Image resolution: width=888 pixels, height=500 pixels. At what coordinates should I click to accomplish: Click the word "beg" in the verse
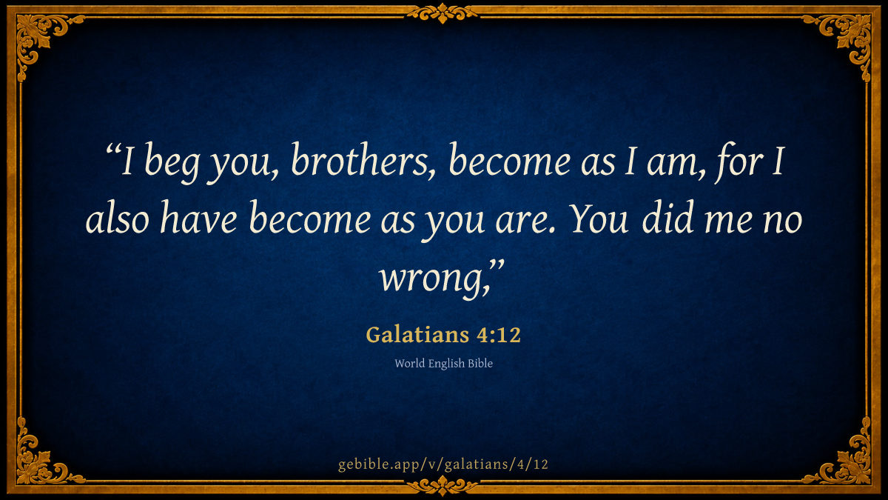(171, 163)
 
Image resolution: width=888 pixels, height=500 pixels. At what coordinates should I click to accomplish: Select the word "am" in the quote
(670, 164)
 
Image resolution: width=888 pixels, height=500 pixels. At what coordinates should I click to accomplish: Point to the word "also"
(118, 219)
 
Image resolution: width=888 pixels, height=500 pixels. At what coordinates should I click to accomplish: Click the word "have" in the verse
(198, 219)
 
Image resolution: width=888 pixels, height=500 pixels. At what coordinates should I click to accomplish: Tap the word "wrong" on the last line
(431, 279)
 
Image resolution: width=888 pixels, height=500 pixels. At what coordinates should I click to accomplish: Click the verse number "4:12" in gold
(498, 335)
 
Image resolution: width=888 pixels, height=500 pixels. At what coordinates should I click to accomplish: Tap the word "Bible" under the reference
(480, 364)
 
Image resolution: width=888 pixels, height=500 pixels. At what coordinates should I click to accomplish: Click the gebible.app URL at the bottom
(443, 464)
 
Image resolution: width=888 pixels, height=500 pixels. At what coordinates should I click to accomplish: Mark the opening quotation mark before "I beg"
(112, 150)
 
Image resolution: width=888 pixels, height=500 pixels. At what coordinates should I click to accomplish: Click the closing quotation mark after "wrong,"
(497, 266)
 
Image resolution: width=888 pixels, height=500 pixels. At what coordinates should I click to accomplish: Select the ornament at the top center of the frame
(443, 13)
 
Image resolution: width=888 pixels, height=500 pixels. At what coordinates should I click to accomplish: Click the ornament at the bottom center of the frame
(443, 485)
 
